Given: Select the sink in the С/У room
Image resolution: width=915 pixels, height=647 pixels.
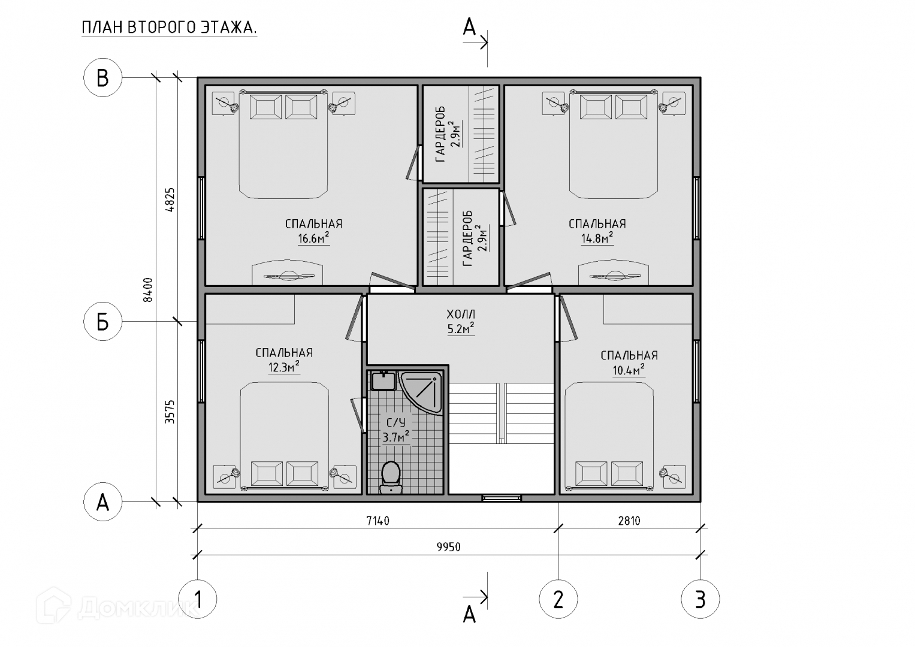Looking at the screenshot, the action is click(x=383, y=380).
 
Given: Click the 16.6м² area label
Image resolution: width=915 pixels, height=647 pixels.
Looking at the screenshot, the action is click(x=313, y=238).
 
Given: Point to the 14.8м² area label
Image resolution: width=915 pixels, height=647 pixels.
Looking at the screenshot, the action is click(x=597, y=238).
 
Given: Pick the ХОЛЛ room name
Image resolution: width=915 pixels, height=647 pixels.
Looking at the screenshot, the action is click(x=461, y=315).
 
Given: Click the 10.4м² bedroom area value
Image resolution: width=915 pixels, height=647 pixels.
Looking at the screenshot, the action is click(x=629, y=370).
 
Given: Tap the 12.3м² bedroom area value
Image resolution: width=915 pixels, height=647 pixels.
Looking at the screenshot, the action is click(x=284, y=367).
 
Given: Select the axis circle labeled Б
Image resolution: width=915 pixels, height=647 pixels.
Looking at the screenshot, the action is click(x=102, y=322).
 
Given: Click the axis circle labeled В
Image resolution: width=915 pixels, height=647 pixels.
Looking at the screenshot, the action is click(x=102, y=78).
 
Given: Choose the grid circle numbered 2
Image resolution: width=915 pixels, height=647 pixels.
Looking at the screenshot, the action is click(x=558, y=600).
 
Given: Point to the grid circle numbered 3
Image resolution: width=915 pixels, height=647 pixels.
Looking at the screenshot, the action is click(x=700, y=600).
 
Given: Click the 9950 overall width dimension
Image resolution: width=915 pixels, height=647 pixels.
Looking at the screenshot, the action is click(x=449, y=547).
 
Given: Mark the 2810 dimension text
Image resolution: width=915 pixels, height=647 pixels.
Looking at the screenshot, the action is click(x=629, y=521).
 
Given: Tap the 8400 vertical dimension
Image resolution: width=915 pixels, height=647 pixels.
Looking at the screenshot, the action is click(x=148, y=290).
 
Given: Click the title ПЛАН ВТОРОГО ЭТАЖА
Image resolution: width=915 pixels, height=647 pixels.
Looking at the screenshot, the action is click(x=169, y=28).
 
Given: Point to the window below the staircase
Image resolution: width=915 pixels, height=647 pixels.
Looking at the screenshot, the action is click(x=501, y=498).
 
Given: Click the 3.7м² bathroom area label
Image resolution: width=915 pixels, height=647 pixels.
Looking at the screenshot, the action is click(x=396, y=437).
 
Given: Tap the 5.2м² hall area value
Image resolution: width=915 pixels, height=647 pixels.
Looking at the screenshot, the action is click(x=461, y=328).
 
